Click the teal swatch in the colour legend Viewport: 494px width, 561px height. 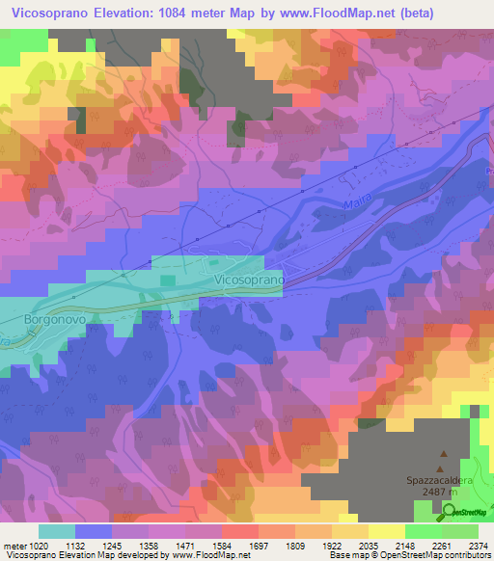pos(57,531)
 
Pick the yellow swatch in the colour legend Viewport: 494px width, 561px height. pos(385,531)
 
